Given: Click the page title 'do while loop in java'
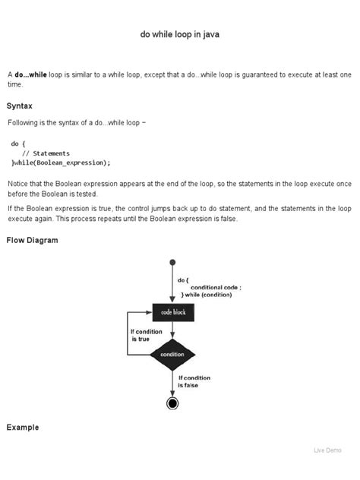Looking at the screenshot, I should pyautogui.click(x=179, y=35).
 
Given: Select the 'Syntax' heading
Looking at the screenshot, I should pyautogui.click(x=20, y=106).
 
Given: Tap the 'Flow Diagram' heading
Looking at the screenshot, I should pyautogui.click(x=33, y=240).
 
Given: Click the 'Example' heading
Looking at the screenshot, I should pyautogui.click(x=23, y=428).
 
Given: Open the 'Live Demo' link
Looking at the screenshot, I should pyautogui.click(x=329, y=450).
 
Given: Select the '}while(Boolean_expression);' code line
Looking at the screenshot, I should pyautogui.click(x=61, y=163).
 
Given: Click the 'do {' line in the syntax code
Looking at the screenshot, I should pyautogui.click(x=18, y=143).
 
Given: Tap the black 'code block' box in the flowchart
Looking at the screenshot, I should pyautogui.click(x=173, y=312).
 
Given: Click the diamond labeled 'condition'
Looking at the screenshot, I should pyautogui.click(x=173, y=354).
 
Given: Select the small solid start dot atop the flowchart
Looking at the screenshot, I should pyautogui.click(x=173, y=262).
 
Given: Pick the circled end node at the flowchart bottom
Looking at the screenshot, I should pyautogui.click(x=173, y=403).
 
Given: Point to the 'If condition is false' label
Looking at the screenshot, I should pyautogui.click(x=194, y=381).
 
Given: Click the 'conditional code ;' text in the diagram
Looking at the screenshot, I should pyautogui.click(x=216, y=287).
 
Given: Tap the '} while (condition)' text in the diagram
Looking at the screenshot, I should pyautogui.click(x=207, y=295).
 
